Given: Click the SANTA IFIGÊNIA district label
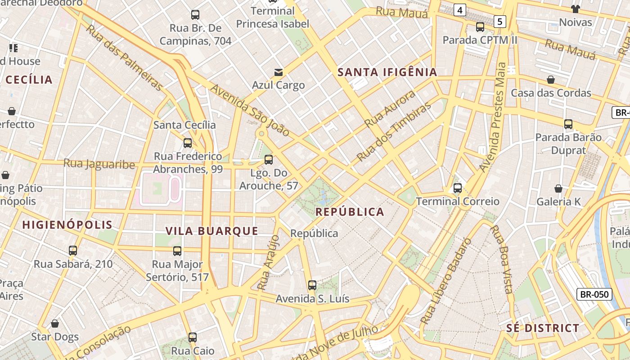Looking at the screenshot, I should [x=387, y=72].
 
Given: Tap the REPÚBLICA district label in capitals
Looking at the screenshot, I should [x=350, y=212].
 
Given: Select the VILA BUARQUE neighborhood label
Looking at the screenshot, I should [x=212, y=231].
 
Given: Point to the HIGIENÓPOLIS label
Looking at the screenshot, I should [x=67, y=225].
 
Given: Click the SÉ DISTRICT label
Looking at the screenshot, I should [x=543, y=328].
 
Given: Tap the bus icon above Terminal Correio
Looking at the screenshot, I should [x=458, y=188].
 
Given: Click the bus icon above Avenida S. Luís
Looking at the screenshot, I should [x=312, y=285].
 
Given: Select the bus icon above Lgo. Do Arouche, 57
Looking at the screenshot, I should [x=269, y=159].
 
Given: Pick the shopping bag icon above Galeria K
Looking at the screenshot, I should [x=558, y=189].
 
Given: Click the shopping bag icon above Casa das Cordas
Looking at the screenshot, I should [x=551, y=80].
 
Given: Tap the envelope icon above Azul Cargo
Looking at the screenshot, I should [x=279, y=72].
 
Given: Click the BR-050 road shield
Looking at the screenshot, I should [x=594, y=295].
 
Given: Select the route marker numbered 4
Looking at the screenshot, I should [x=459, y=10].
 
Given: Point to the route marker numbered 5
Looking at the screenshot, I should [x=499, y=21].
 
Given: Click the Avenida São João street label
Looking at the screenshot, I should [x=250, y=110].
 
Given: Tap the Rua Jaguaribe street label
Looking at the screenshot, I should [x=99, y=164].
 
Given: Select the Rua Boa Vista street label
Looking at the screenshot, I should [x=501, y=259].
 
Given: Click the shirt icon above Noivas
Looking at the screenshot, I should [x=575, y=9].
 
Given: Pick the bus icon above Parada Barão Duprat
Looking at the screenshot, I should [x=568, y=124].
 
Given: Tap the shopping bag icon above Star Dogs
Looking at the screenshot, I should [x=55, y=324].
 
